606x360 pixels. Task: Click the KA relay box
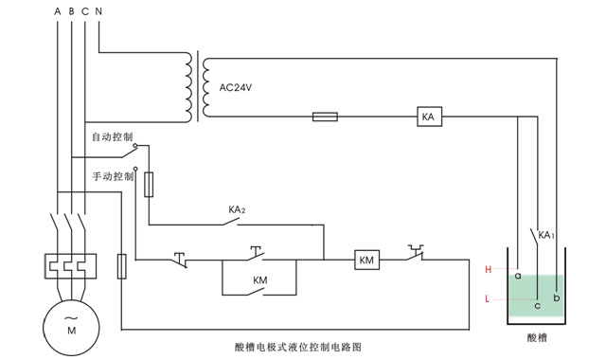tap(428, 117)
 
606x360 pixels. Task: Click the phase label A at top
tap(57, 11)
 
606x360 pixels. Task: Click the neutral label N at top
tap(99, 11)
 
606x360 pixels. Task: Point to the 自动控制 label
tap(112, 136)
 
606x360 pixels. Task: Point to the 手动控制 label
tap(112, 176)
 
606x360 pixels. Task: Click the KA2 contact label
tap(237, 209)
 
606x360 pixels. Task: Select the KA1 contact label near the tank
tap(545, 234)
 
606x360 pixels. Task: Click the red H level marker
tap(488, 270)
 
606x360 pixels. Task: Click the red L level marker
tap(488, 299)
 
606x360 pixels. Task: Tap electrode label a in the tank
tap(518, 276)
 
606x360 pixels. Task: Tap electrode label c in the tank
tap(537, 305)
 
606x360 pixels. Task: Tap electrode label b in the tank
tap(557, 297)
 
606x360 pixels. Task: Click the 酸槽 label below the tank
tap(536, 336)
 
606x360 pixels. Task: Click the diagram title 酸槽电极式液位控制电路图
tap(299, 347)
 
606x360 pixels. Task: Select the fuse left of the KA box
tap(325, 118)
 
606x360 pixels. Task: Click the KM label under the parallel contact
tap(259, 280)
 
